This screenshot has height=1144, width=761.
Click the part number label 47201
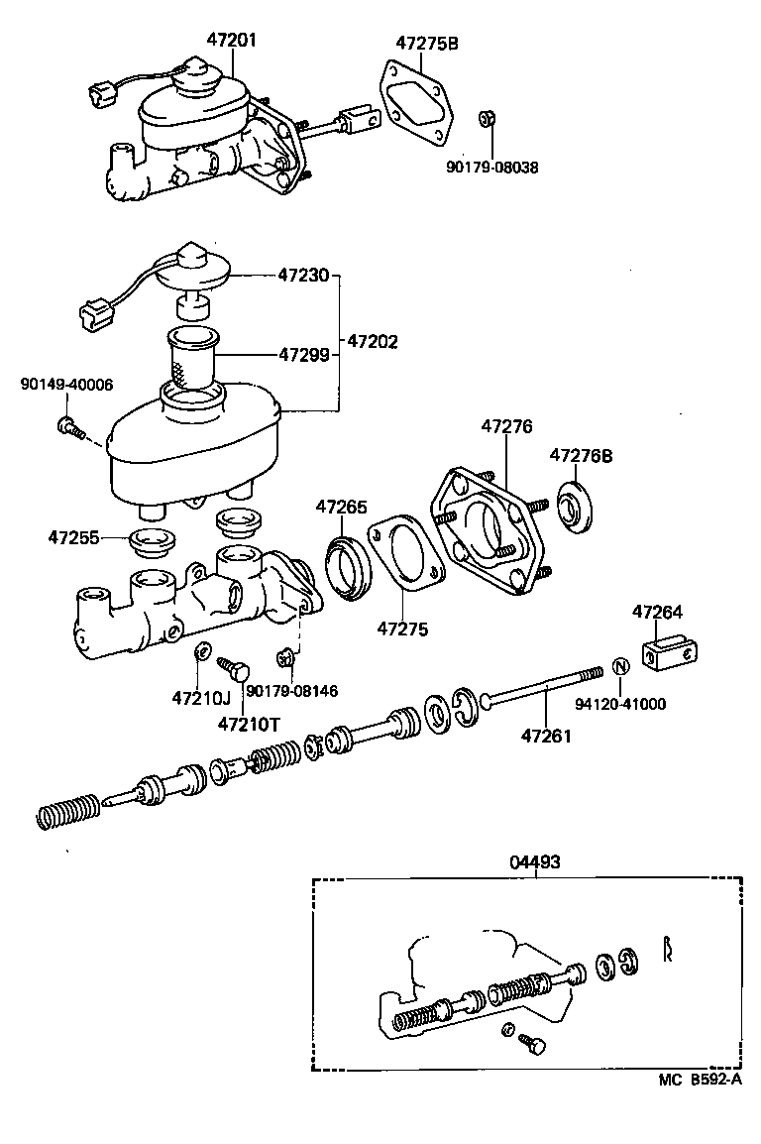coord(231,41)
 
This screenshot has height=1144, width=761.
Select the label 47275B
coord(427,43)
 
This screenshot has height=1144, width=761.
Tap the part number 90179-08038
coord(491,168)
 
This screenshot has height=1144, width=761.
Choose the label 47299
coord(303,353)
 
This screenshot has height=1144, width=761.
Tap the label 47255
coord(73,538)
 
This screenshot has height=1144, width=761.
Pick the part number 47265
coord(342,507)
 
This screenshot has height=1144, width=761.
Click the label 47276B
coord(582,456)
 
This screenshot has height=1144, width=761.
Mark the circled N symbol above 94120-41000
coord(618,666)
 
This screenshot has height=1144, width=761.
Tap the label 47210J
coord(199,697)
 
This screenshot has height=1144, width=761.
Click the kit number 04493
coord(535,862)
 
